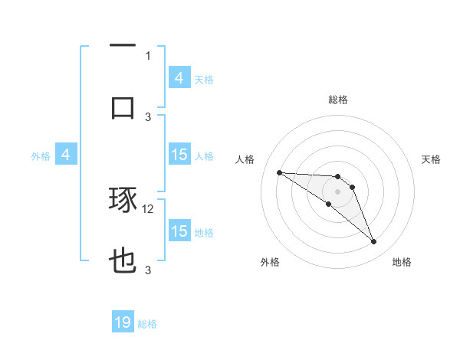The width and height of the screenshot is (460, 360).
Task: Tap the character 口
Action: (x=123, y=106)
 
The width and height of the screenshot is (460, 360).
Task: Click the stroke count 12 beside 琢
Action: (x=149, y=208)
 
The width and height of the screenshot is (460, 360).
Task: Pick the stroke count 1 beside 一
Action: (x=148, y=55)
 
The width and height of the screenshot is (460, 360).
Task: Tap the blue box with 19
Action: (x=123, y=323)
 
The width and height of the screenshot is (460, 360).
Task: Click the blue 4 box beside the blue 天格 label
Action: (x=179, y=78)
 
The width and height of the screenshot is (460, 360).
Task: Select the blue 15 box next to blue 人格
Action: (x=179, y=155)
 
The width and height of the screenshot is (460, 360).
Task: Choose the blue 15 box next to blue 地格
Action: (x=179, y=231)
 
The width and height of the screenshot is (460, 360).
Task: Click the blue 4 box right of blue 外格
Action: (x=66, y=155)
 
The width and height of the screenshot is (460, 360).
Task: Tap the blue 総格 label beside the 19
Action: (x=147, y=324)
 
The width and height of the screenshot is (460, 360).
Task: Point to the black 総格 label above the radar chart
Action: (x=337, y=100)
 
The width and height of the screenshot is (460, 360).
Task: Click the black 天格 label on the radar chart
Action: (x=431, y=159)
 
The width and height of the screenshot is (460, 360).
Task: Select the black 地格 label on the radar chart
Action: (x=402, y=262)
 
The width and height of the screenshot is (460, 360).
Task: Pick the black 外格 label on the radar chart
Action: (x=270, y=262)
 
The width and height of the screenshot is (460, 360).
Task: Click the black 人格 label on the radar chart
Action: (x=245, y=159)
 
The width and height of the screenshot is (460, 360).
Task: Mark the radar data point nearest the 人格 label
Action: (x=279, y=172)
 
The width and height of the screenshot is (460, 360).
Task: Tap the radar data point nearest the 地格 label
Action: (x=374, y=242)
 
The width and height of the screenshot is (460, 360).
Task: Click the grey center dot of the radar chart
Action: (x=337, y=191)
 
